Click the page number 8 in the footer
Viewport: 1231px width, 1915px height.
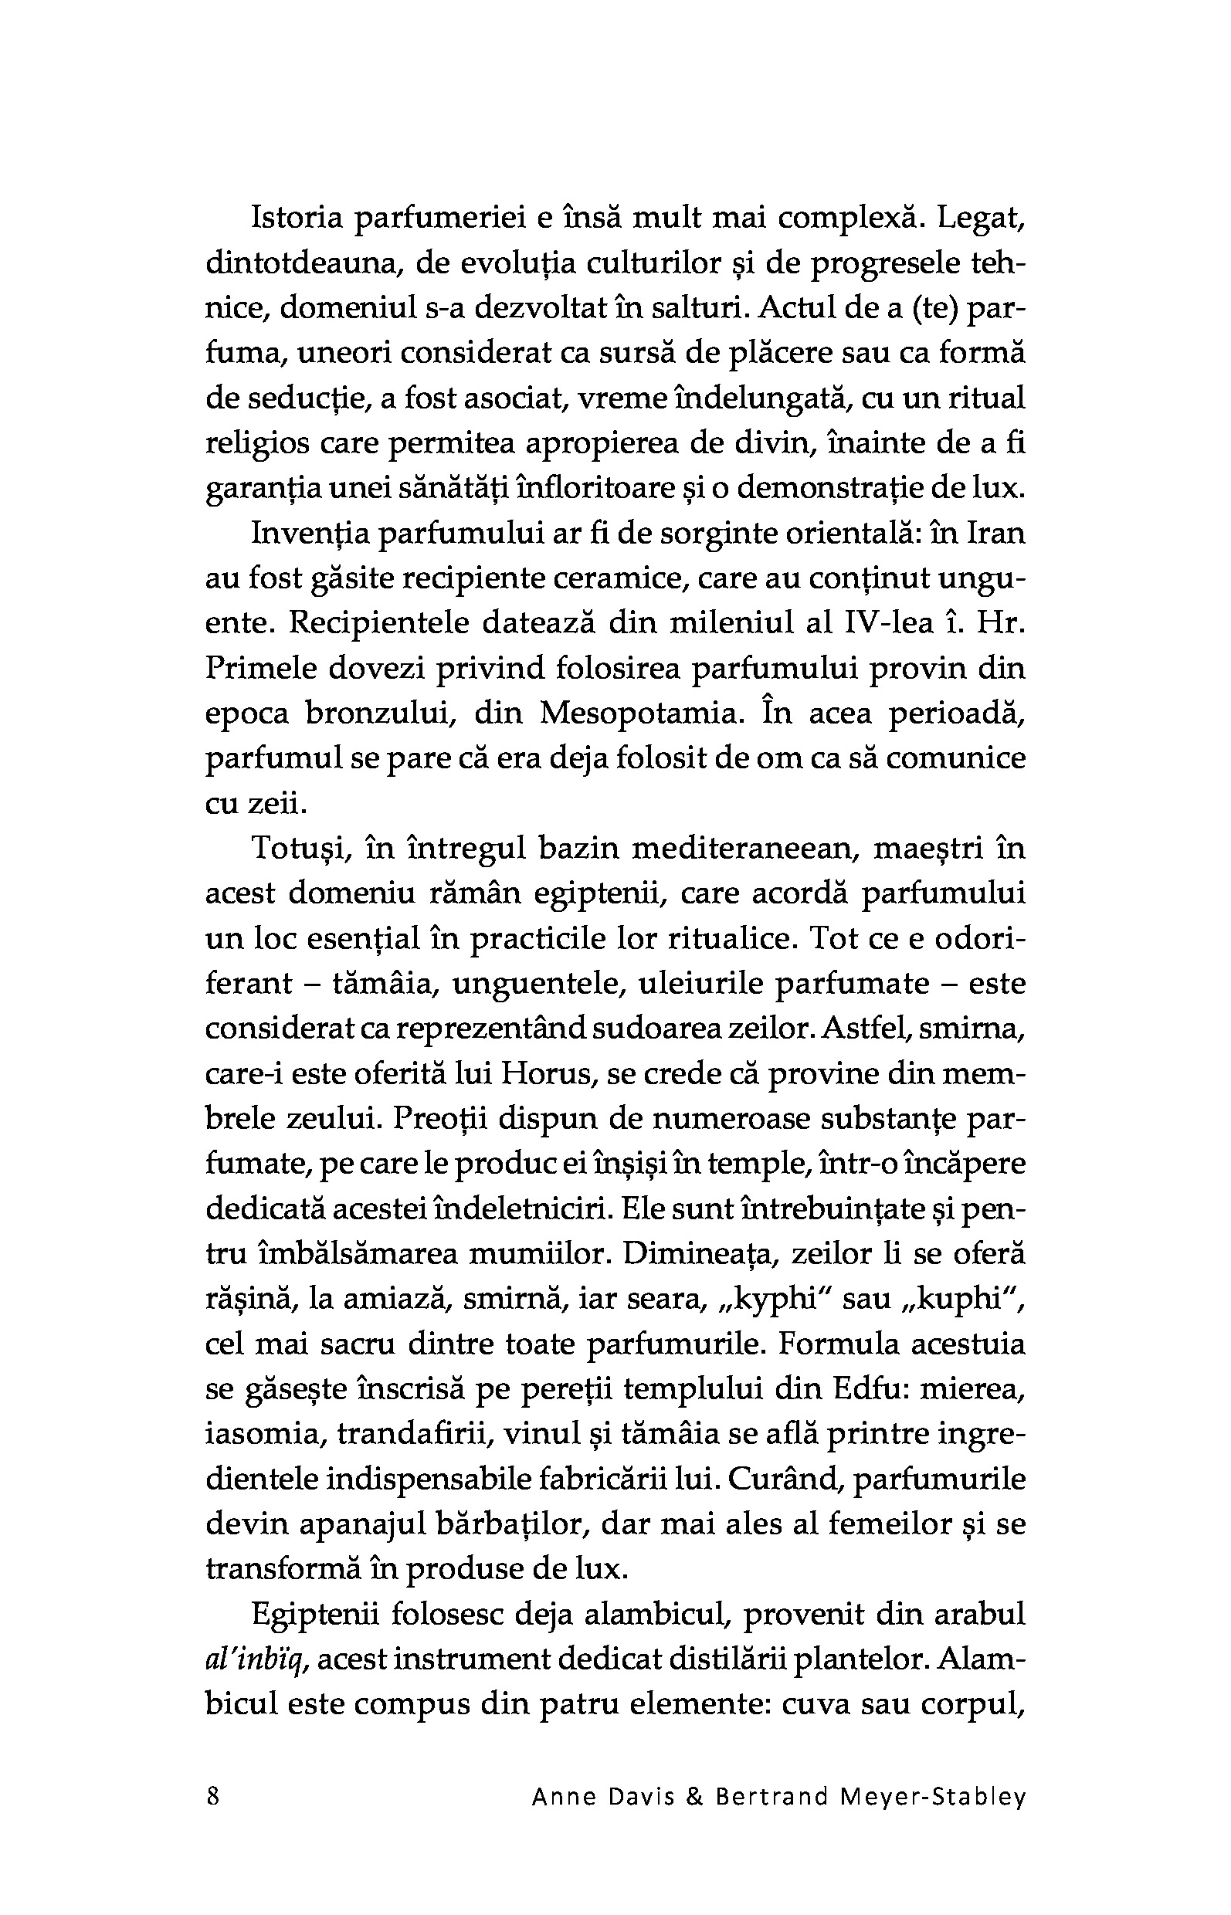point(212,1796)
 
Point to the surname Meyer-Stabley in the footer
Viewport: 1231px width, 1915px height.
point(932,1797)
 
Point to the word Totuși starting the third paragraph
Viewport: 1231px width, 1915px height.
point(298,848)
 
